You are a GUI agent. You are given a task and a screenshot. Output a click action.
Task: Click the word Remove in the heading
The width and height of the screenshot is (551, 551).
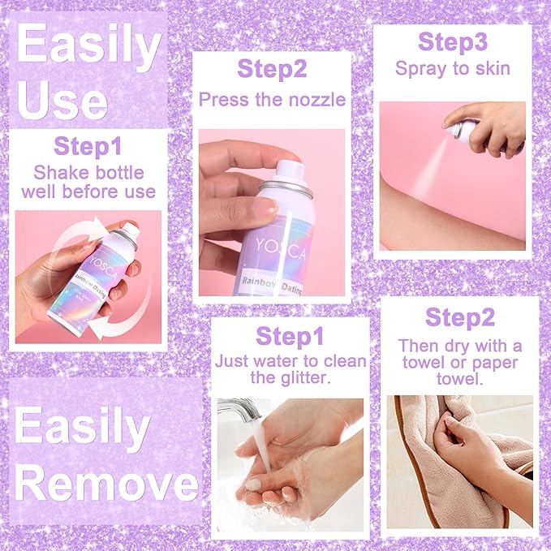tap(106, 485)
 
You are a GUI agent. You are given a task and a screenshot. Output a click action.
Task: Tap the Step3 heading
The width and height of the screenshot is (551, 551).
tap(453, 42)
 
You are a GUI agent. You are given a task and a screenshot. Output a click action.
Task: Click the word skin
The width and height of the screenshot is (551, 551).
tap(493, 68)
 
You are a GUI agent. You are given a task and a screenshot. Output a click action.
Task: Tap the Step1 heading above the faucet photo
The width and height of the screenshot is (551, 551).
tap(290, 336)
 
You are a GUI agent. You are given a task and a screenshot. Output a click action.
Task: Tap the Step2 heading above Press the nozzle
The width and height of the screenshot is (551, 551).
tap(272, 69)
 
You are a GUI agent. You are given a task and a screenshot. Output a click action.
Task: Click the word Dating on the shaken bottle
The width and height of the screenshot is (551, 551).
tap(97, 289)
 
